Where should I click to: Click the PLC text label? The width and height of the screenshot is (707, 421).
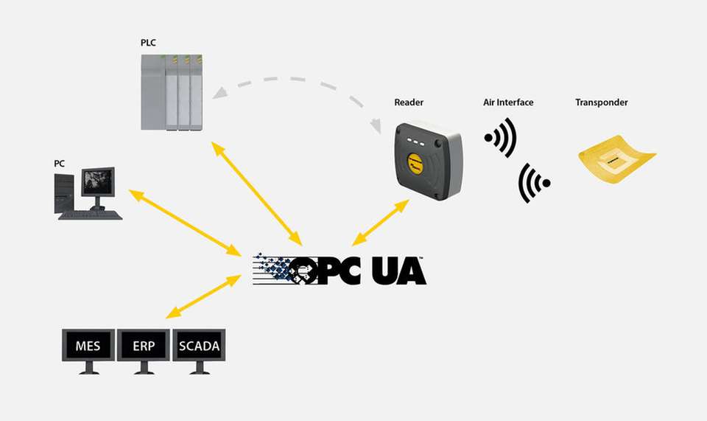coord(149,43)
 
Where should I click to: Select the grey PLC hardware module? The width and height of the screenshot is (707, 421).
coord(171,92)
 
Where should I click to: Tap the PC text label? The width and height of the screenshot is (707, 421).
coord(59,163)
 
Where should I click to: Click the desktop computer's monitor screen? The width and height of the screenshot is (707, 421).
coord(97,181)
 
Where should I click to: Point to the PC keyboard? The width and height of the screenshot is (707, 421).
coord(90,215)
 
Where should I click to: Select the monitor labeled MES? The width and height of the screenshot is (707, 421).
coord(88,347)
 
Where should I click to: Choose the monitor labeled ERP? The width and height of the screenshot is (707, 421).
coord(144,347)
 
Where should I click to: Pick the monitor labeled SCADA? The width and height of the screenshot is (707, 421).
coord(199,347)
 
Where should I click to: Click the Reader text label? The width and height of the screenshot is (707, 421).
coord(409,102)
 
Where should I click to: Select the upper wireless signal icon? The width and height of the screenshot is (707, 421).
coord(501,137)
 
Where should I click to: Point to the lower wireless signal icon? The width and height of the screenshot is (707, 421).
coord(534,183)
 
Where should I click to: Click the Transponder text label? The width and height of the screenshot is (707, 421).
coord(601,102)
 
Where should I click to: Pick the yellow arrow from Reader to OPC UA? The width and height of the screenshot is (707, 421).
coord(380,222)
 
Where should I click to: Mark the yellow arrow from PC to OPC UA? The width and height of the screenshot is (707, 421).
coord(187,220)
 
